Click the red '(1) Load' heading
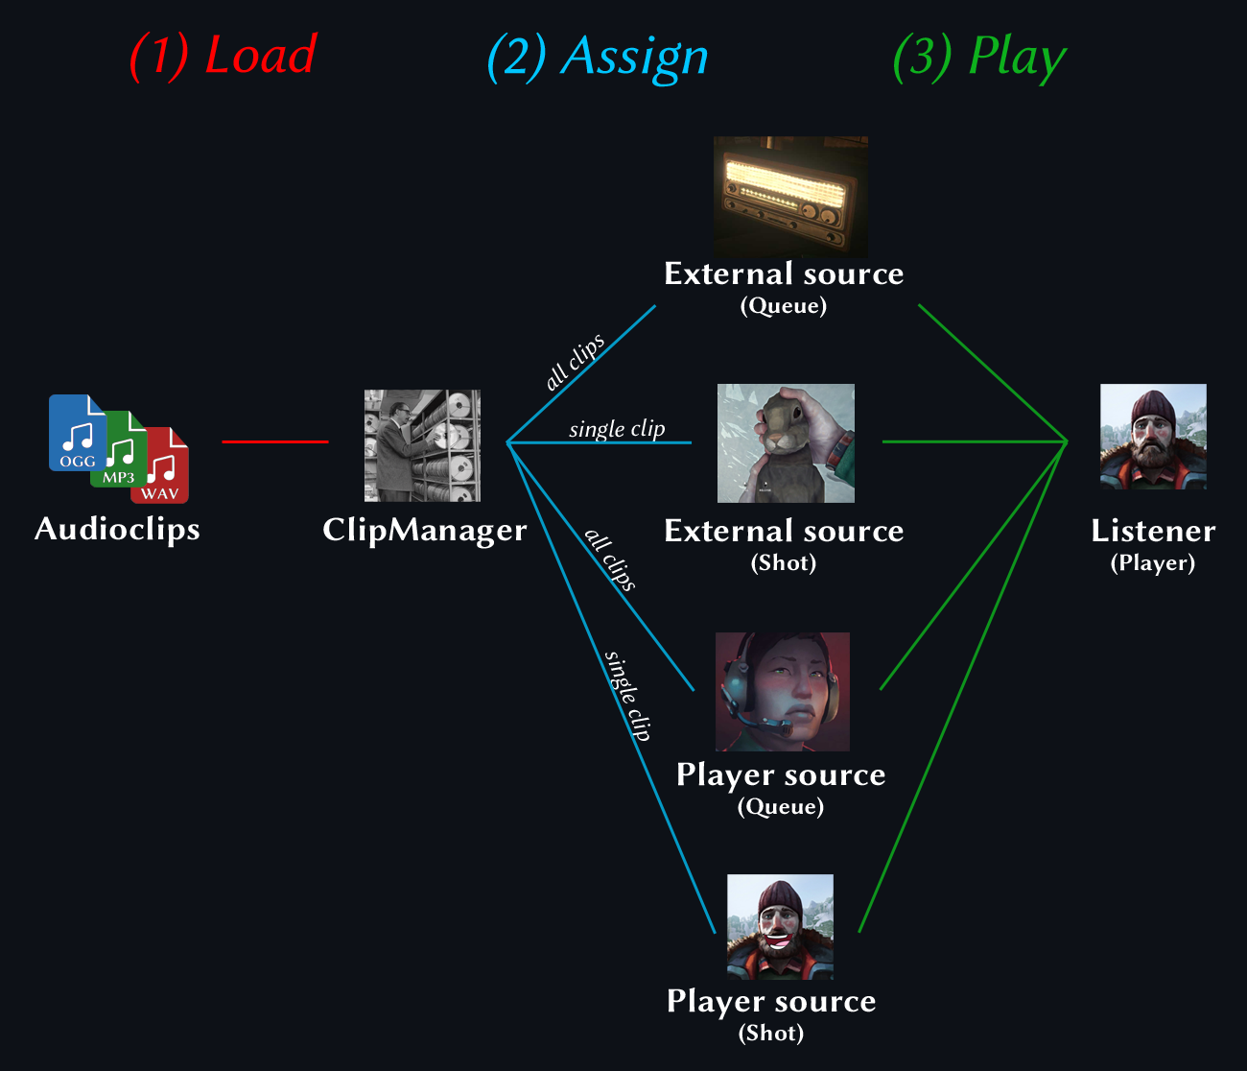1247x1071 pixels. pyautogui.click(x=223, y=56)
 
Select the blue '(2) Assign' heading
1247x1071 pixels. pyautogui.click(x=598, y=57)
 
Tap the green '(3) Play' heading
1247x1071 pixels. pyautogui.click(x=979, y=57)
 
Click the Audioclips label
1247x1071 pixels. pyautogui.click(x=117, y=529)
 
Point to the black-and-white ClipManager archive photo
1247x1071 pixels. pyautogui.click(x=422, y=445)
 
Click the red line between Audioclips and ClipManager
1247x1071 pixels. pyautogui.click(x=275, y=441)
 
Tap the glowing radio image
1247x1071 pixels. pyautogui.click(x=790, y=196)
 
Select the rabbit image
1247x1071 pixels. pyautogui.click(x=786, y=443)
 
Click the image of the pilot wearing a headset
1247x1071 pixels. pyautogui.click(x=783, y=691)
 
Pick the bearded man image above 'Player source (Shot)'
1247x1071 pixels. pyautogui.click(x=780, y=927)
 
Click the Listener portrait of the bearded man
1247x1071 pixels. pyautogui.click(x=1153, y=437)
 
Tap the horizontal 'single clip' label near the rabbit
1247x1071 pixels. pyautogui.click(x=617, y=428)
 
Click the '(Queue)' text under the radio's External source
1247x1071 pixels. pyautogui.click(x=783, y=306)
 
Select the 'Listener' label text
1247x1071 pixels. pyautogui.click(x=1153, y=531)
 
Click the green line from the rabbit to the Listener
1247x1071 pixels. pyautogui.click(x=974, y=441)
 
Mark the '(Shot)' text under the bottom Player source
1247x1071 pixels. pyautogui.click(x=771, y=1033)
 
